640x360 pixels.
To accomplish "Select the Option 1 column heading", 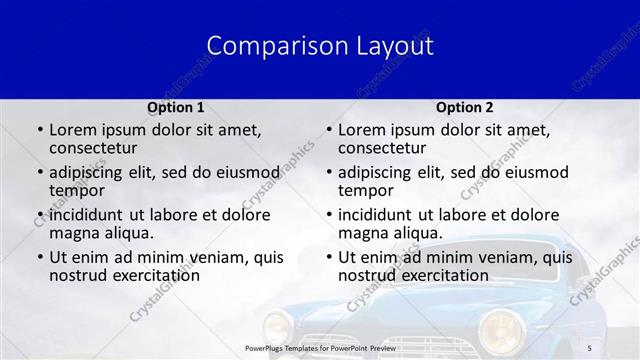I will [176, 107].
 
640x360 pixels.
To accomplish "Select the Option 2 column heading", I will [464, 107].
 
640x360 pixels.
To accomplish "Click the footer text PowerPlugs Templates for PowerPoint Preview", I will [319, 347].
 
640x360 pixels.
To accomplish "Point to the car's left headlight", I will [277, 326].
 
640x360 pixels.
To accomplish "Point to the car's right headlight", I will [501, 328].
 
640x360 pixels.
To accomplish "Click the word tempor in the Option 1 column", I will [77, 190].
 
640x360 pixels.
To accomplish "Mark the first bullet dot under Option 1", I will [39, 130].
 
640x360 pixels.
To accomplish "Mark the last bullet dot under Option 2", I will [329, 257].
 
